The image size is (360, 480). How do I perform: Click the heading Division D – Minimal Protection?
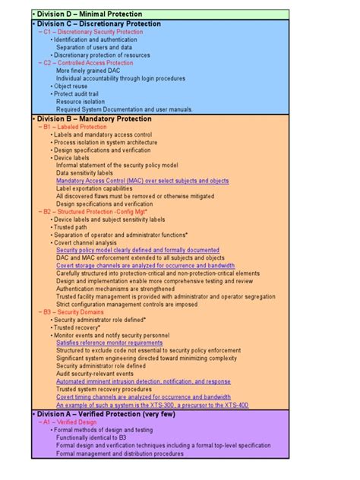click(x=82, y=14)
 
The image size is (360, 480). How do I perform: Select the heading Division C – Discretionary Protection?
click(x=98, y=24)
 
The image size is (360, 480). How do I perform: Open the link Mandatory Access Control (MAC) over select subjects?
click(x=142, y=181)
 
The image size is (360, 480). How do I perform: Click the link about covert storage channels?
click(x=145, y=266)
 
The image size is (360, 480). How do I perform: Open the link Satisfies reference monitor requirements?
click(x=109, y=343)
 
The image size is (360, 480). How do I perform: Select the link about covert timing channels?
click(x=144, y=396)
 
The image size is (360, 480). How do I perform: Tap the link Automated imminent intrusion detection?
click(x=144, y=381)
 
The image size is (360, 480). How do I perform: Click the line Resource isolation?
click(x=81, y=101)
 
